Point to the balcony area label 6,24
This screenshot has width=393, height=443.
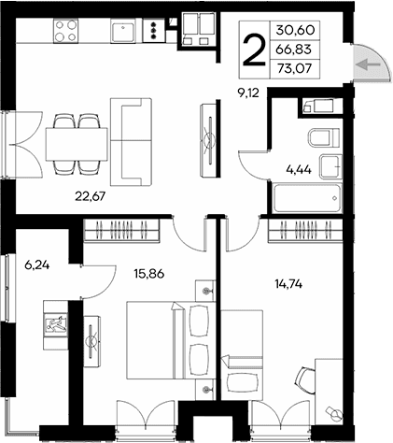37,264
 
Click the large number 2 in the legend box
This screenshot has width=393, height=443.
254,48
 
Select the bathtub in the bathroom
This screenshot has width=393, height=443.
307,199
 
